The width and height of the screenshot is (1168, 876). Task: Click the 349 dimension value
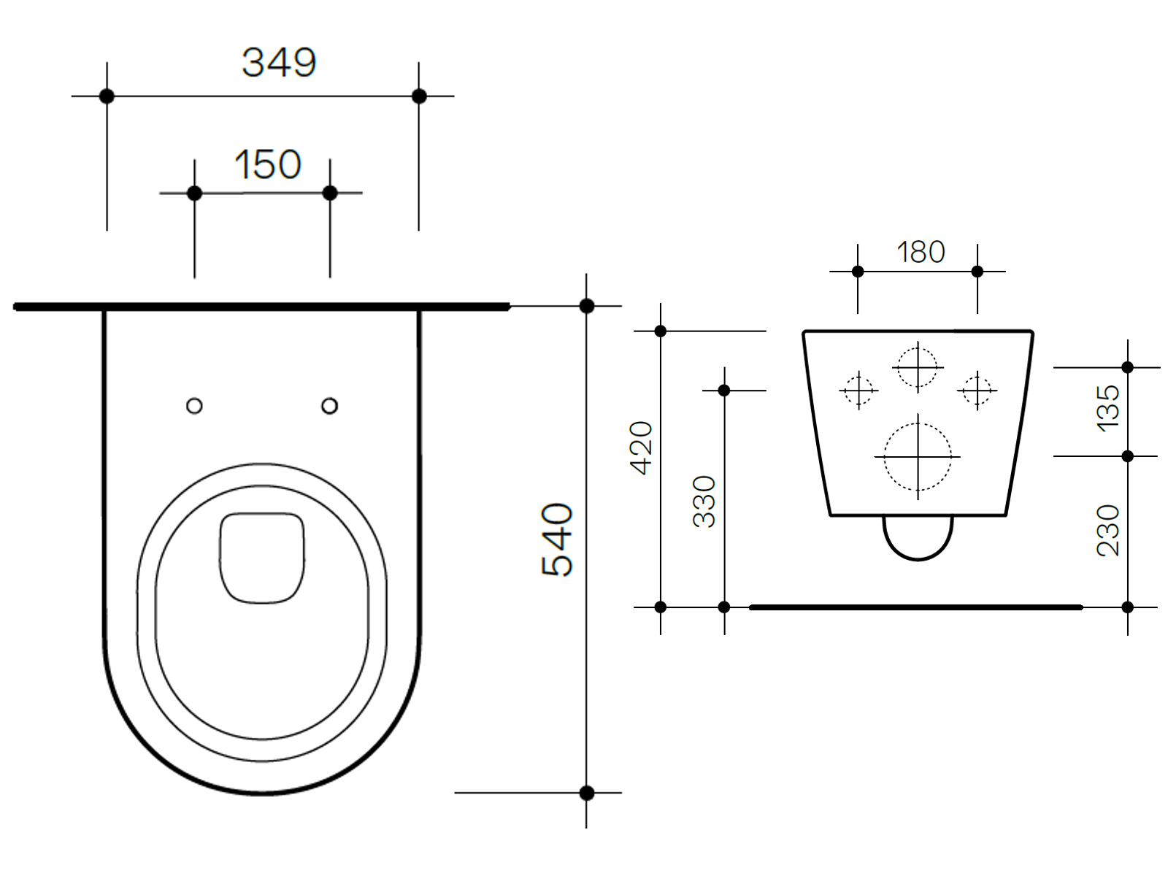[x=279, y=63]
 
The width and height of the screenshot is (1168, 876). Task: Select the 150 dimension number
[x=268, y=164]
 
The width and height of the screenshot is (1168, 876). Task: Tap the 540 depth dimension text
[x=558, y=539]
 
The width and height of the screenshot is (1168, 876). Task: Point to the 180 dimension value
[x=921, y=253]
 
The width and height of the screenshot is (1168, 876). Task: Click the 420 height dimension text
[x=641, y=447]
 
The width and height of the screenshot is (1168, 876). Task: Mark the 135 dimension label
[x=1107, y=408]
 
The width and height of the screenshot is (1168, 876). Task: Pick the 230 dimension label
[x=1107, y=531]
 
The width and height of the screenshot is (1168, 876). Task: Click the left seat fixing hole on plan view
[x=194, y=405]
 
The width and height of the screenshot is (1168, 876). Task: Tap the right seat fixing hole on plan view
[x=329, y=405]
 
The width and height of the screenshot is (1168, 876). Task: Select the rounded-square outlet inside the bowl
[x=262, y=558]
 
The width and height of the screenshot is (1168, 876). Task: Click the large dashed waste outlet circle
[x=918, y=457]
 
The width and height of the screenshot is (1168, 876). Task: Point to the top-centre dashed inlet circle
[x=918, y=367]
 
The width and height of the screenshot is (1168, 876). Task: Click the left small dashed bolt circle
[x=858, y=390]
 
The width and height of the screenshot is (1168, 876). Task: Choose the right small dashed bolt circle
[x=977, y=390]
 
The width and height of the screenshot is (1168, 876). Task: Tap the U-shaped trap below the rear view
[x=918, y=540]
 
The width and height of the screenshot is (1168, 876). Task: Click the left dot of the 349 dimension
[x=107, y=96]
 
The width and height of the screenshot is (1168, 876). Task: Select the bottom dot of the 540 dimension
[x=586, y=792]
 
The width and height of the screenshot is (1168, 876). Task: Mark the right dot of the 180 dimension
[x=977, y=272]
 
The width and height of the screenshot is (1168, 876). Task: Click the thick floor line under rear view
[x=916, y=607]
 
